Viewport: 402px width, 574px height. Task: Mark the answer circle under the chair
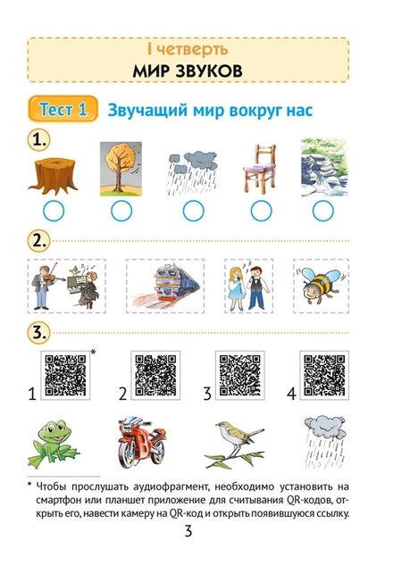tap(261, 212)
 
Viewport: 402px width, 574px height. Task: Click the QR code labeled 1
tap(65, 375)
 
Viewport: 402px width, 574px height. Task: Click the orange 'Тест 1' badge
tap(63, 111)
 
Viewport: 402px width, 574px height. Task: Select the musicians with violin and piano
tap(66, 286)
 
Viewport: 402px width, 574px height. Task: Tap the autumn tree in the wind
tap(120, 168)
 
